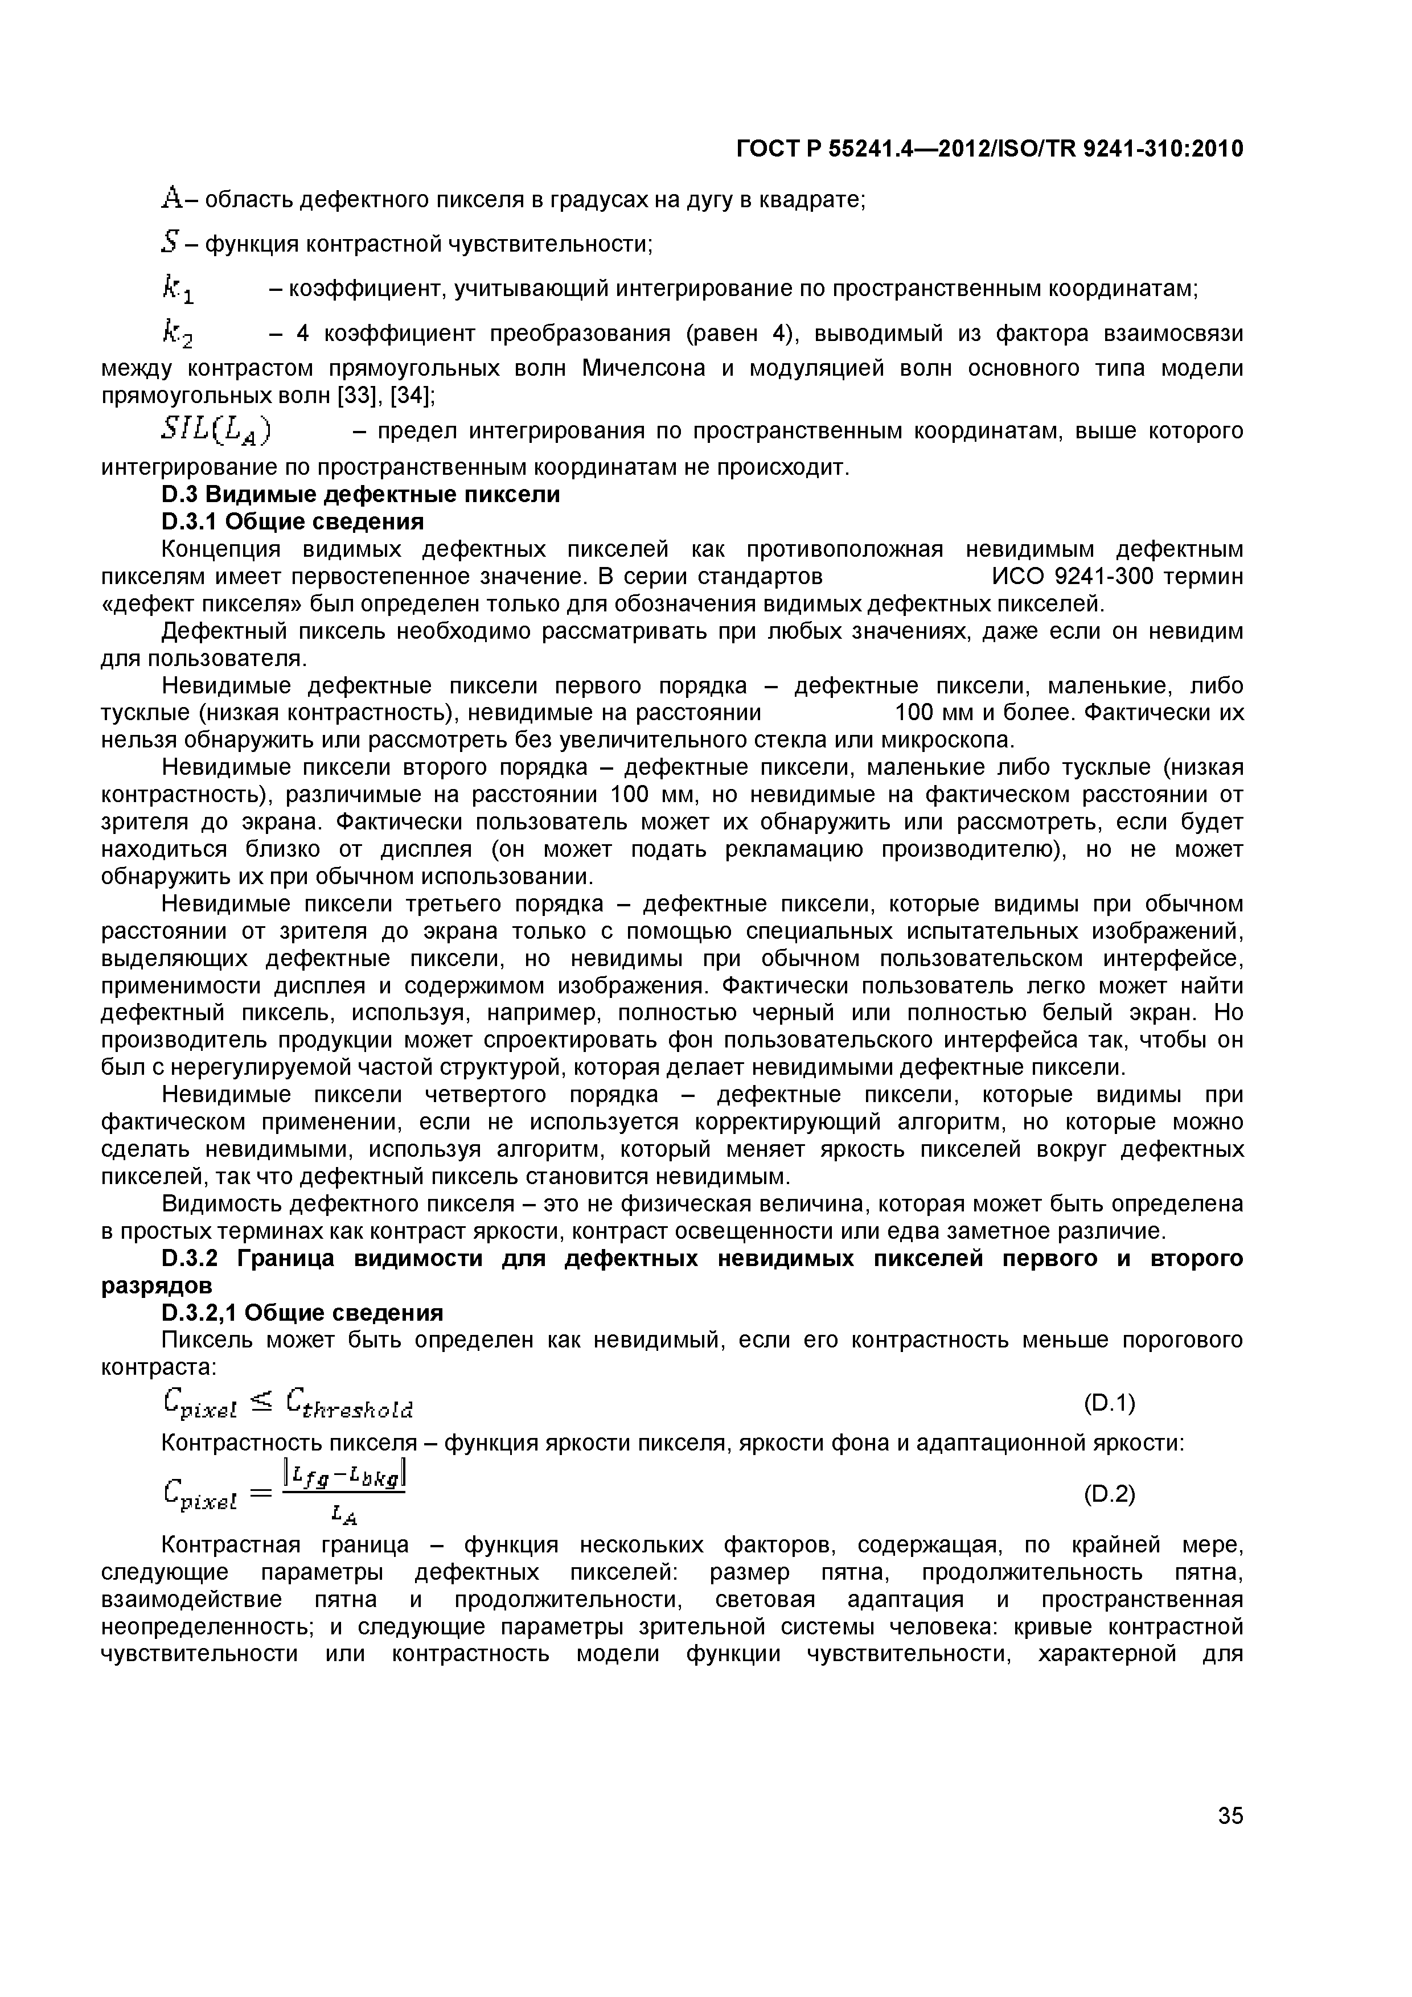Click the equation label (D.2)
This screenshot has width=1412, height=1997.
coord(1109,1494)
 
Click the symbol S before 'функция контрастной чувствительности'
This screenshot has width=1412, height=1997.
coord(169,244)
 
